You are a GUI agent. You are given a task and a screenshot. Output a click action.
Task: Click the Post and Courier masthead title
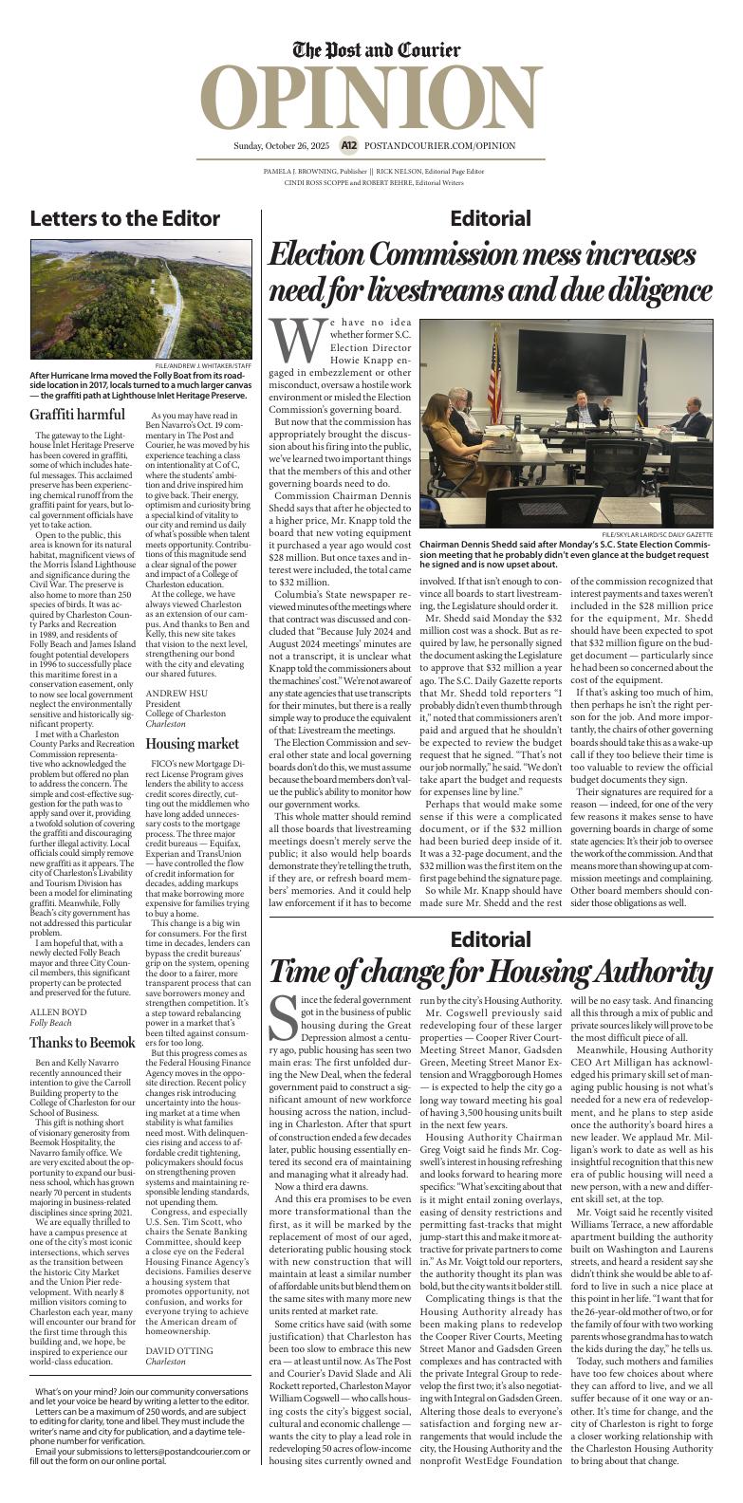[x=377, y=50]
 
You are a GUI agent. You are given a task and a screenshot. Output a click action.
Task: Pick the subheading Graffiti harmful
[x=77, y=415]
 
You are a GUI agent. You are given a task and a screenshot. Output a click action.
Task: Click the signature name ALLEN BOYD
[x=58, y=1011]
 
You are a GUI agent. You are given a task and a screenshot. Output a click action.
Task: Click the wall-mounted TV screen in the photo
[x=577, y=360]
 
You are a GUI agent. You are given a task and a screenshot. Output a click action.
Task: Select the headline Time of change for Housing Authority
[x=491, y=973]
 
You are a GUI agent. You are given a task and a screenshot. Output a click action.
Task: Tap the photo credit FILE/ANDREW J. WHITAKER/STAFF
[x=204, y=366]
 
